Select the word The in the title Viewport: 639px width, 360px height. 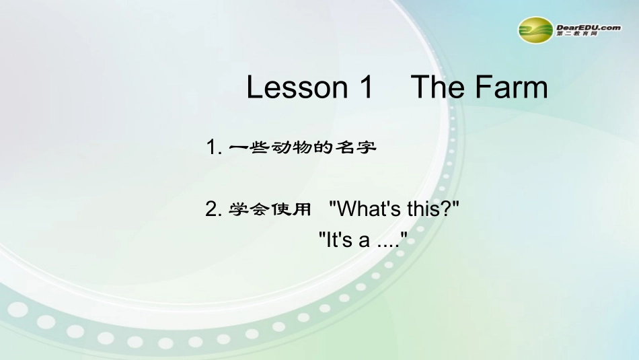(437, 88)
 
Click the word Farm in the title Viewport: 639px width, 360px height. (511, 88)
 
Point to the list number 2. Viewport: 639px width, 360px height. (213, 210)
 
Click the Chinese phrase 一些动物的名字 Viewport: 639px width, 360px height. (302, 147)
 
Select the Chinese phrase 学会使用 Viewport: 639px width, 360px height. (270, 210)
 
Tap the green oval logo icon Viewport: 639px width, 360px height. (535, 29)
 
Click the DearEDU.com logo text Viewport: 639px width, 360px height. (589, 27)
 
